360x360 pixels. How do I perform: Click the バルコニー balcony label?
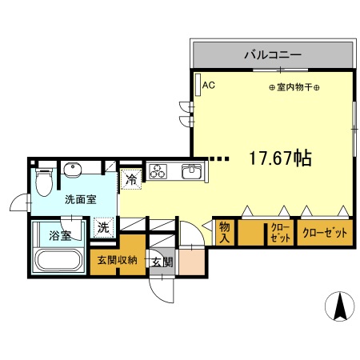pyautogui.click(x=272, y=55)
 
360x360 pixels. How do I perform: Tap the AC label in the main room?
pyautogui.click(x=208, y=84)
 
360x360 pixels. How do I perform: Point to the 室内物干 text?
pyautogui.click(x=294, y=87)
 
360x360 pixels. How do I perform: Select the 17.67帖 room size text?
pyautogui.click(x=279, y=158)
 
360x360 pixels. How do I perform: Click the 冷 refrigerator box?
pyautogui.click(x=131, y=180)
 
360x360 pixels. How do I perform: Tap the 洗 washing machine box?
pyautogui.click(x=103, y=227)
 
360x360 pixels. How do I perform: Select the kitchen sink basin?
pyautogui.click(x=191, y=171)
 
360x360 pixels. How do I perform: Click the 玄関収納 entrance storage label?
pyautogui.click(x=118, y=260)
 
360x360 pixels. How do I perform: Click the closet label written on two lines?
pyautogui.click(x=279, y=233)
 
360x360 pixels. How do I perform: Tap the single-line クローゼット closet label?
pyautogui.click(x=325, y=233)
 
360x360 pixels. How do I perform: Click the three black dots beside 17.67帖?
pyautogui.click(x=219, y=158)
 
